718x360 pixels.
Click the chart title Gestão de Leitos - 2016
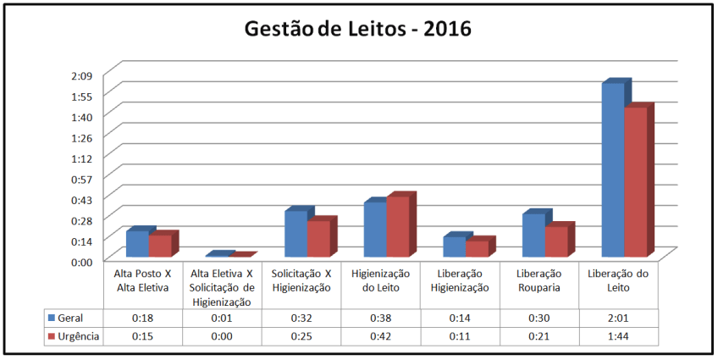(x=357, y=29)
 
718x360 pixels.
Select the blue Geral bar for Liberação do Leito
(x=613, y=169)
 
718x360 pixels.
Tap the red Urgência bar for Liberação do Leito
(x=635, y=181)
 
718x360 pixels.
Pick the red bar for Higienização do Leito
(x=397, y=226)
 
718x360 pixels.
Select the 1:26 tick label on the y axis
(x=81, y=136)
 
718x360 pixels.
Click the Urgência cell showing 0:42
(x=380, y=336)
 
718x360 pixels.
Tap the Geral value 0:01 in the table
(x=222, y=318)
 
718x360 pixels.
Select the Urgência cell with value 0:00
(x=222, y=336)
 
